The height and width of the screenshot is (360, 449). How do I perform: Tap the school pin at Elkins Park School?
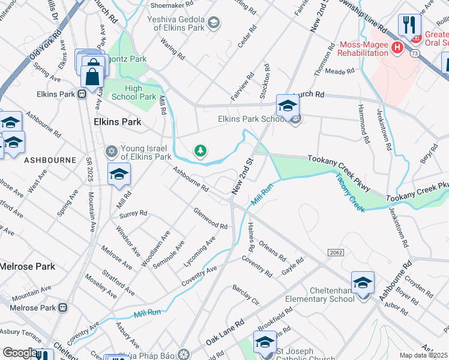pos(288,106)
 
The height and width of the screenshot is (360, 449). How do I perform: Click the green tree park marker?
pos(199,151)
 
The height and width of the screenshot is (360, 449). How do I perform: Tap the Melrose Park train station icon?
pos(62,308)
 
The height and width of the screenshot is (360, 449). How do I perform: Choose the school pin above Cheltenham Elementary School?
pos(363,283)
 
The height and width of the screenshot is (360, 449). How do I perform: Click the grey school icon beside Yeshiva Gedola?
pos(213,23)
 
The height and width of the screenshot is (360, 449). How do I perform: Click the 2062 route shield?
pos(336,253)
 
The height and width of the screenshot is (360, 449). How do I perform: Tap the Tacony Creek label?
pos(350,192)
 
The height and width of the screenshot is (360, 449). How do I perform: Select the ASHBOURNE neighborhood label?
pos(50,160)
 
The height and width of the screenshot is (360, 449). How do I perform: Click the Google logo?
pos(19,353)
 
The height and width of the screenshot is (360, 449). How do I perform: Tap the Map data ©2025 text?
pos(424,355)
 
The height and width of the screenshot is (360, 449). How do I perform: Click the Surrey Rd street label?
pos(133,213)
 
